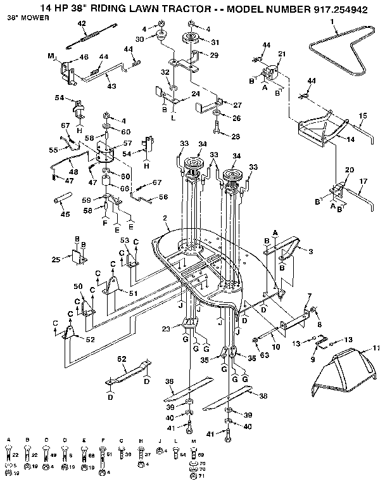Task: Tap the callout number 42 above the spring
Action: (81, 23)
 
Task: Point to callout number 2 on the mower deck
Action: (165, 219)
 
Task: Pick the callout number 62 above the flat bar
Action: (118, 359)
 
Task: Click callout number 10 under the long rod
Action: (275, 348)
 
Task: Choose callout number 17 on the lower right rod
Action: (363, 181)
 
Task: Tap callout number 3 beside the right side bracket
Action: (310, 252)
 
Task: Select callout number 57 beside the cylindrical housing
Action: (120, 144)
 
